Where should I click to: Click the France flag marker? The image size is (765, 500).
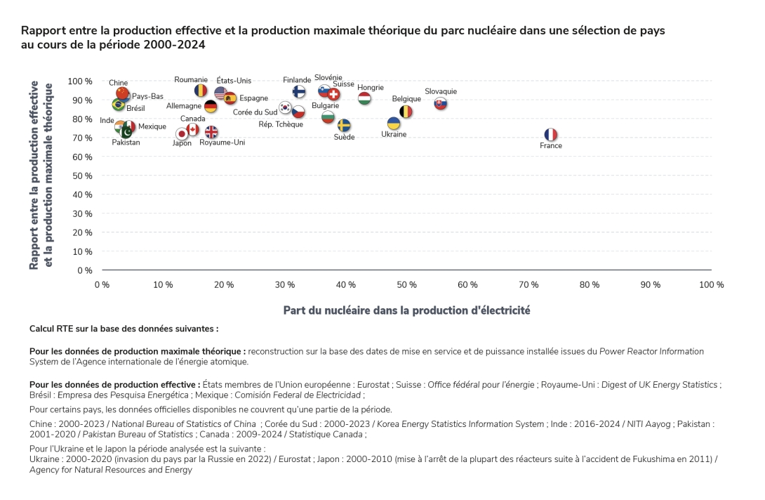pos(551,134)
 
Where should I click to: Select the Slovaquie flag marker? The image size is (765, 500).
pos(441,104)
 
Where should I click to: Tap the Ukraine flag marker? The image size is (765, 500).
pos(394,124)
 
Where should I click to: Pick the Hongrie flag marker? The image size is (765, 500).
pos(364,99)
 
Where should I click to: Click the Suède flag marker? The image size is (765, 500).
pos(344,126)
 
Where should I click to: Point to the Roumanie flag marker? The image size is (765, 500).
pos(201,91)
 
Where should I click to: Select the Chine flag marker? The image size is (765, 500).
pos(122,93)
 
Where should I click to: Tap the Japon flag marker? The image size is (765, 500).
pos(182,133)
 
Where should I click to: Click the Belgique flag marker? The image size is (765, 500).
pos(406,112)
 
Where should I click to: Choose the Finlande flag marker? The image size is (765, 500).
pos(299,92)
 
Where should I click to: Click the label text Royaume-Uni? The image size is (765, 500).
pos(222,143)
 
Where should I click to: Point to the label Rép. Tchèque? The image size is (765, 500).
pos(281,124)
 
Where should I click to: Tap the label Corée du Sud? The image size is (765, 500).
pos(255,112)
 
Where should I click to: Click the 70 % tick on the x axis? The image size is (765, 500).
pos(528,284)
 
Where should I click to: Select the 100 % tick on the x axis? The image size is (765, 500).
pos(712,284)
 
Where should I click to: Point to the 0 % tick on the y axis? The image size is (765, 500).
pos(85,270)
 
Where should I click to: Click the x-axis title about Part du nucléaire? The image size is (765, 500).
pos(406,310)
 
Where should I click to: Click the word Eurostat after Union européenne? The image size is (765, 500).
pos(373,385)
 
